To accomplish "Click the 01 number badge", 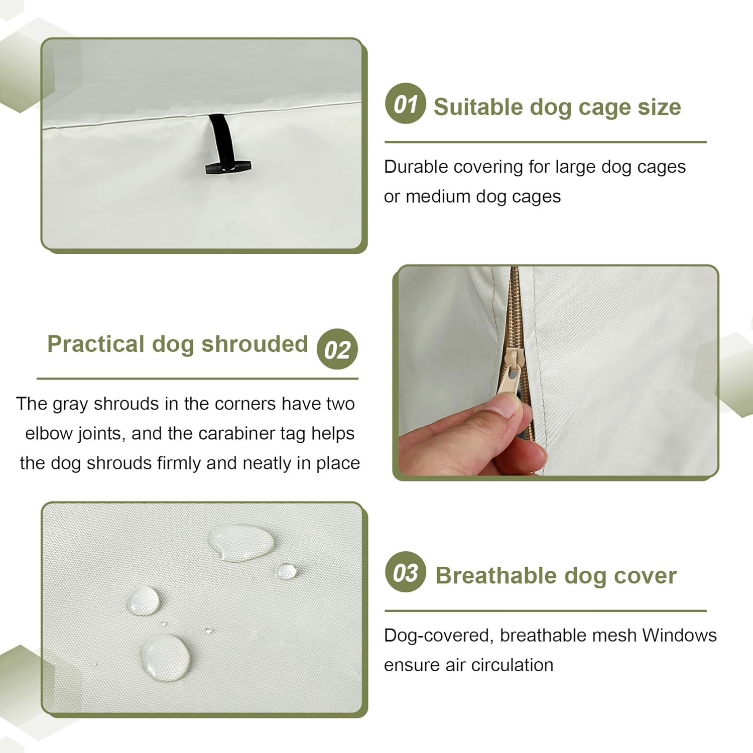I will coord(405,103).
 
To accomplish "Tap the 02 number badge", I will coord(337,349).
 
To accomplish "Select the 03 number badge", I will coord(405,572).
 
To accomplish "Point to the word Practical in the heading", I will coord(96,344).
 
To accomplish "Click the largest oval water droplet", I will coord(242,542).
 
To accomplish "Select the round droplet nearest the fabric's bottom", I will coord(165,657).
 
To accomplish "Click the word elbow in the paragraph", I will coord(49,433).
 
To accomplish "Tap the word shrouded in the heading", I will coord(255,344).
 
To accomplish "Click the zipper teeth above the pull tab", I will coord(515,306).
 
